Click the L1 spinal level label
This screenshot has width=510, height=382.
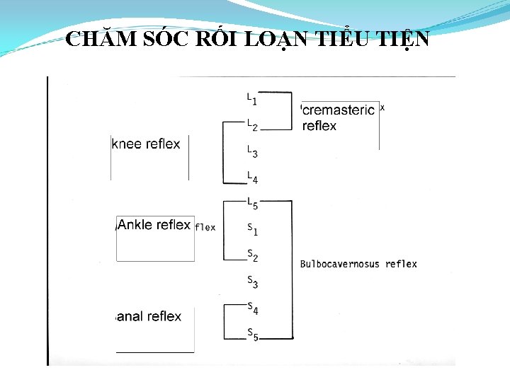(251, 98)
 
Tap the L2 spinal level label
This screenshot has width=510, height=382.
(251, 125)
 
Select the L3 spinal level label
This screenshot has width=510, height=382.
(251, 151)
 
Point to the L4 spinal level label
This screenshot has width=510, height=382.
(251, 177)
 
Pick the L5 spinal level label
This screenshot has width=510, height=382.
(251, 203)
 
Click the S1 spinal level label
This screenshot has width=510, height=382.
(251, 229)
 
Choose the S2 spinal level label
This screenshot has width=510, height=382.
(251, 255)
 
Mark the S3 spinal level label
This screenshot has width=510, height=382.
(251, 282)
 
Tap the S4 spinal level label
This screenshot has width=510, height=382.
(251, 308)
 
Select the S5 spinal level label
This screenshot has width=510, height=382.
(251, 333)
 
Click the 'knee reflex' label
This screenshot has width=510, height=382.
(147, 144)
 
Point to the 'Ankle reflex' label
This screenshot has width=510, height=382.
(154, 225)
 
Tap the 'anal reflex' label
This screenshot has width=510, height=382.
(149, 316)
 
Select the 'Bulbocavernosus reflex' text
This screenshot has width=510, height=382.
(358, 264)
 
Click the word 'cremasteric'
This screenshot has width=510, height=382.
(338, 110)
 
